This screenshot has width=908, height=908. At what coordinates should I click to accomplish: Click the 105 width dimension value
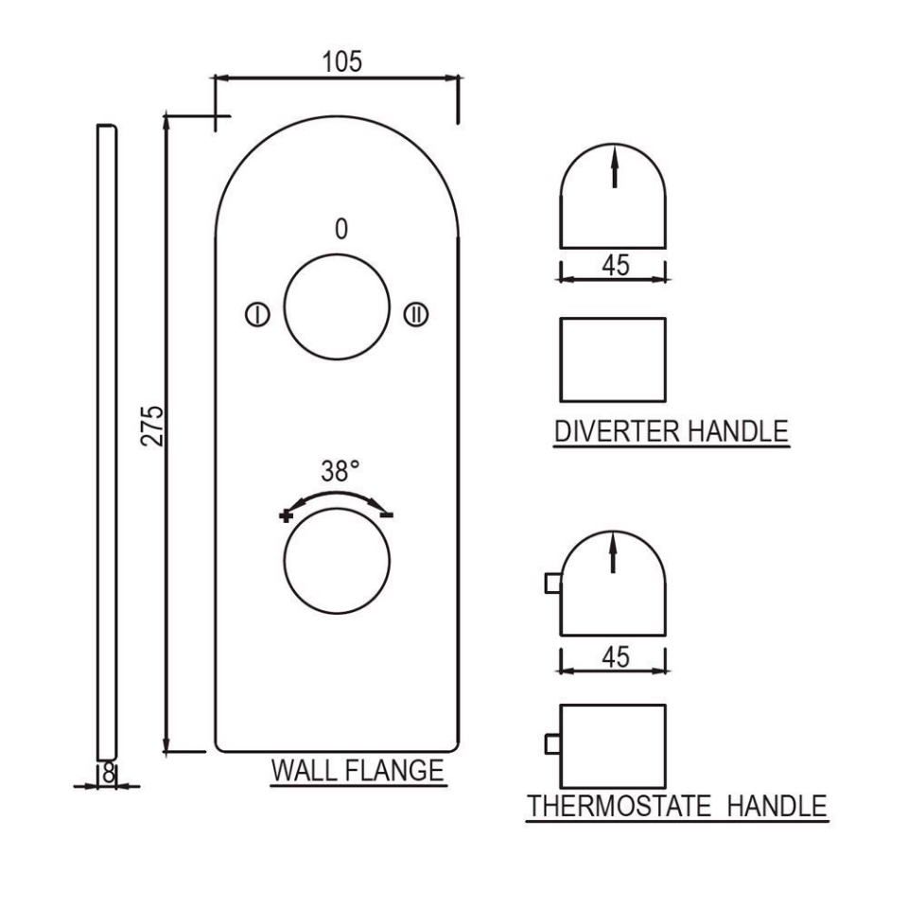tap(341, 62)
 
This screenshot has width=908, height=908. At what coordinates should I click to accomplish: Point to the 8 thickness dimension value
tap(109, 772)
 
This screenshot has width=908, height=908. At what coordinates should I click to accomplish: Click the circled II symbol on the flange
tap(416, 315)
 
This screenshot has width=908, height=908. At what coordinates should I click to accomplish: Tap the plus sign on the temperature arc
tap(286, 515)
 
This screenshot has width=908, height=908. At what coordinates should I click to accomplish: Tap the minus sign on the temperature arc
tap(387, 514)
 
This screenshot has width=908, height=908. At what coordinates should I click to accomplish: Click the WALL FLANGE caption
tap(358, 771)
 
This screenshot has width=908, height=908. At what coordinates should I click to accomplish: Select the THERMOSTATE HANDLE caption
tap(676, 807)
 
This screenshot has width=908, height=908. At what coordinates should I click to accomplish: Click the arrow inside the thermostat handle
tap(615, 552)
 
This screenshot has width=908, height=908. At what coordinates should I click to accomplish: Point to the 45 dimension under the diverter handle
tap(615, 266)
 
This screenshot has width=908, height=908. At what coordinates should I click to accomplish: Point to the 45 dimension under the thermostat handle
tap(615, 656)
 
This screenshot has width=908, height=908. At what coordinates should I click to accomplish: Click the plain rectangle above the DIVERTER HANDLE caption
tap(613, 359)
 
